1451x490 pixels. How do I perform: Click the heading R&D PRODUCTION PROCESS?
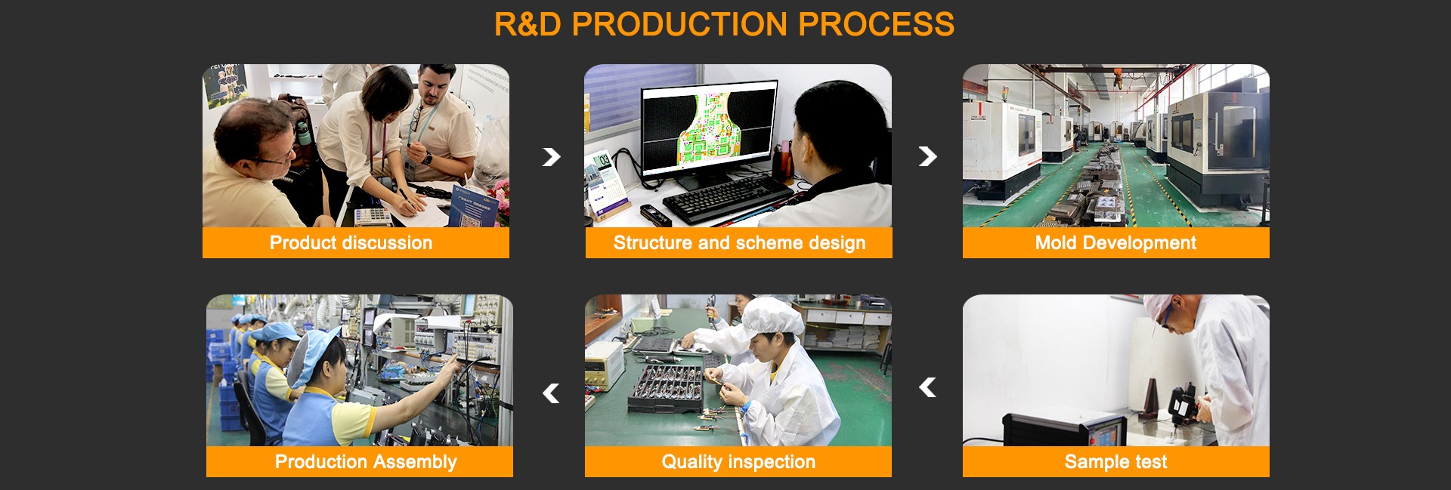[x=724, y=24]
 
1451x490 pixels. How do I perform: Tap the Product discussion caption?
[x=351, y=243]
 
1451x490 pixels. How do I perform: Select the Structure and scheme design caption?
[x=739, y=243]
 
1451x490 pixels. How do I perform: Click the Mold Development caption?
[x=1115, y=243]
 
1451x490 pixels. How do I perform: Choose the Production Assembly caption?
[x=366, y=462]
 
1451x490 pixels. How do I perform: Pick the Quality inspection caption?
[x=738, y=462]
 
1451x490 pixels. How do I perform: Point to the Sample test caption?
[x=1115, y=462]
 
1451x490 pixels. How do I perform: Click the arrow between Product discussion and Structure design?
[x=552, y=156]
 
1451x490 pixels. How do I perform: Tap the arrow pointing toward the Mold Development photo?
[x=928, y=156]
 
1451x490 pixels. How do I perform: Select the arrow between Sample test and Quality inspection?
[x=927, y=387]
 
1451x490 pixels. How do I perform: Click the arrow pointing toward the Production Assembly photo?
[x=551, y=393]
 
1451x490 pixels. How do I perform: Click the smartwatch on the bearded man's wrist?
[x=427, y=159]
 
